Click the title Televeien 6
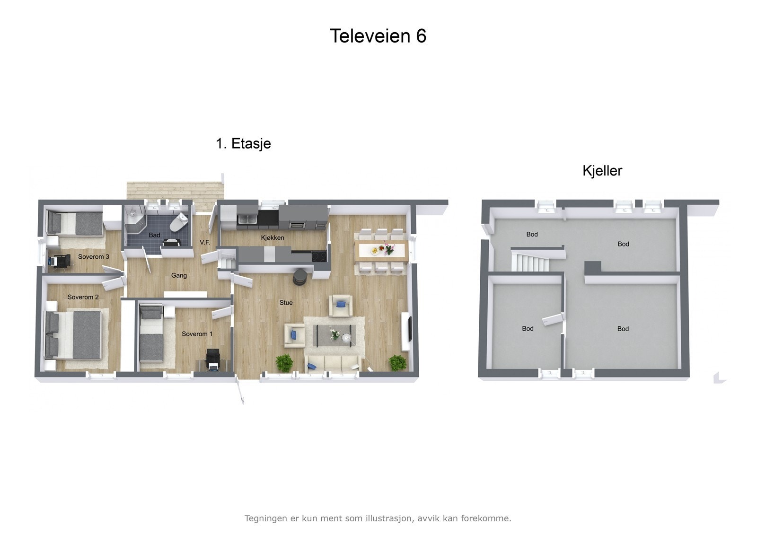click(x=378, y=36)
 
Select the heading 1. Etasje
click(x=243, y=143)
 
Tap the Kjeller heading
click(x=602, y=171)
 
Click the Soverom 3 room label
click(x=94, y=257)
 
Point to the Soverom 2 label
click(x=83, y=297)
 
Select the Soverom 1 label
click(x=197, y=334)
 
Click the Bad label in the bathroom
click(x=154, y=235)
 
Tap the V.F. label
click(x=205, y=242)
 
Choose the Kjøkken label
click(x=273, y=237)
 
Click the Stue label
click(x=286, y=303)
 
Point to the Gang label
click(x=179, y=275)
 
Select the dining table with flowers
click(x=381, y=250)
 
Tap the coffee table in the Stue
click(x=335, y=335)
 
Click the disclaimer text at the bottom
click(x=378, y=518)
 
